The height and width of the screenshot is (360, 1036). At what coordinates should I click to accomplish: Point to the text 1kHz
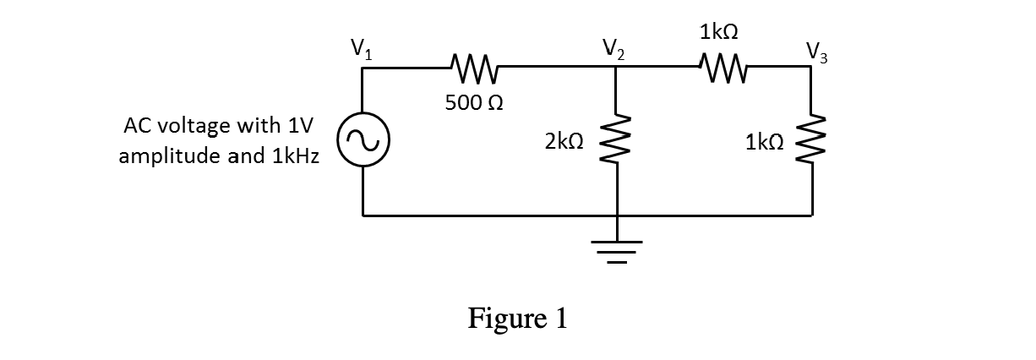tap(293, 157)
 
